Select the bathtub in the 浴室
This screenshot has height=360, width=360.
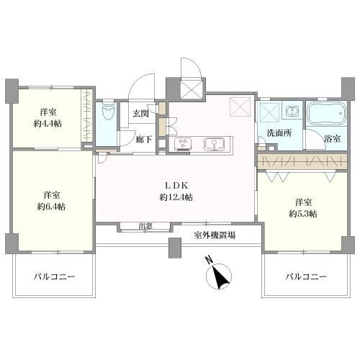(x=327, y=114)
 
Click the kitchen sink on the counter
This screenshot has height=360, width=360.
(x=214, y=144)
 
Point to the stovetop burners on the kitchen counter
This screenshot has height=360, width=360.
(x=182, y=144)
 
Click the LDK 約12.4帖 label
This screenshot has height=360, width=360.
(x=175, y=189)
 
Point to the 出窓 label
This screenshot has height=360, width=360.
(x=145, y=226)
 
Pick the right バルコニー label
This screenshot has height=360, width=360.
(x=305, y=276)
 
